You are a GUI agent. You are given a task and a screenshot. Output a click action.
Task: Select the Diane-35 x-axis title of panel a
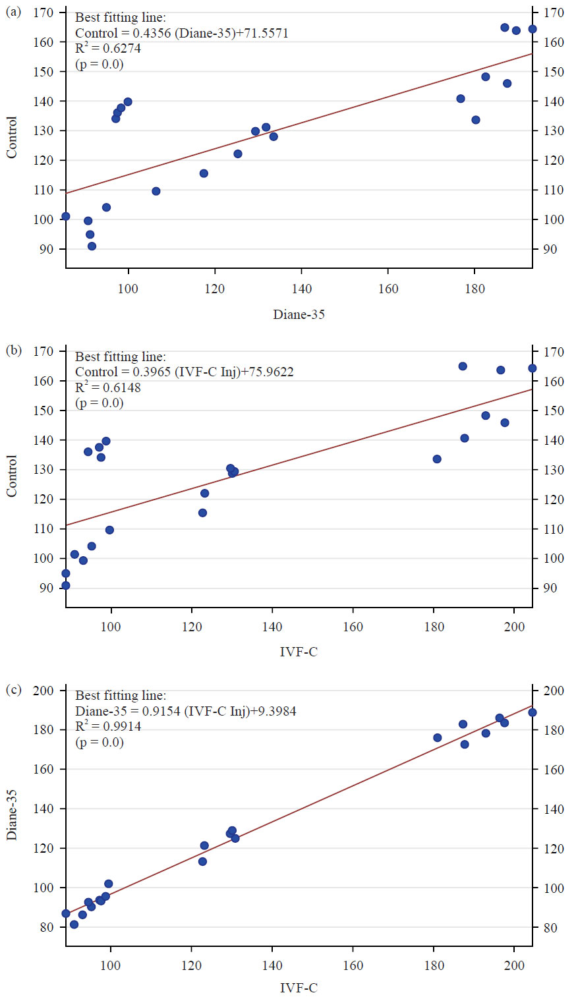(x=299, y=314)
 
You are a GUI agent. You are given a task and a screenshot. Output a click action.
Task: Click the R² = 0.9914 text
(x=107, y=727)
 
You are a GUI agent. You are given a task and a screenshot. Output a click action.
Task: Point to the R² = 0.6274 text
(x=107, y=49)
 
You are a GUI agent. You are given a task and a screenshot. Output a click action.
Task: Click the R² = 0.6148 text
(x=107, y=387)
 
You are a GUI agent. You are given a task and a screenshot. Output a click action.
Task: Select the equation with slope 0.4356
(x=181, y=33)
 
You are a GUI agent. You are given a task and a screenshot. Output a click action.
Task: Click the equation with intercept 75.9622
(x=184, y=372)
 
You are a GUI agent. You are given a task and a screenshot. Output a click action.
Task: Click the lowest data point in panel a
(x=92, y=246)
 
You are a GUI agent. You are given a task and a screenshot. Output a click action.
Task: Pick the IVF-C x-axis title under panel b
(x=299, y=653)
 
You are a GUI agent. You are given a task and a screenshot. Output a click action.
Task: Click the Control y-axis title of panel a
(x=12, y=137)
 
